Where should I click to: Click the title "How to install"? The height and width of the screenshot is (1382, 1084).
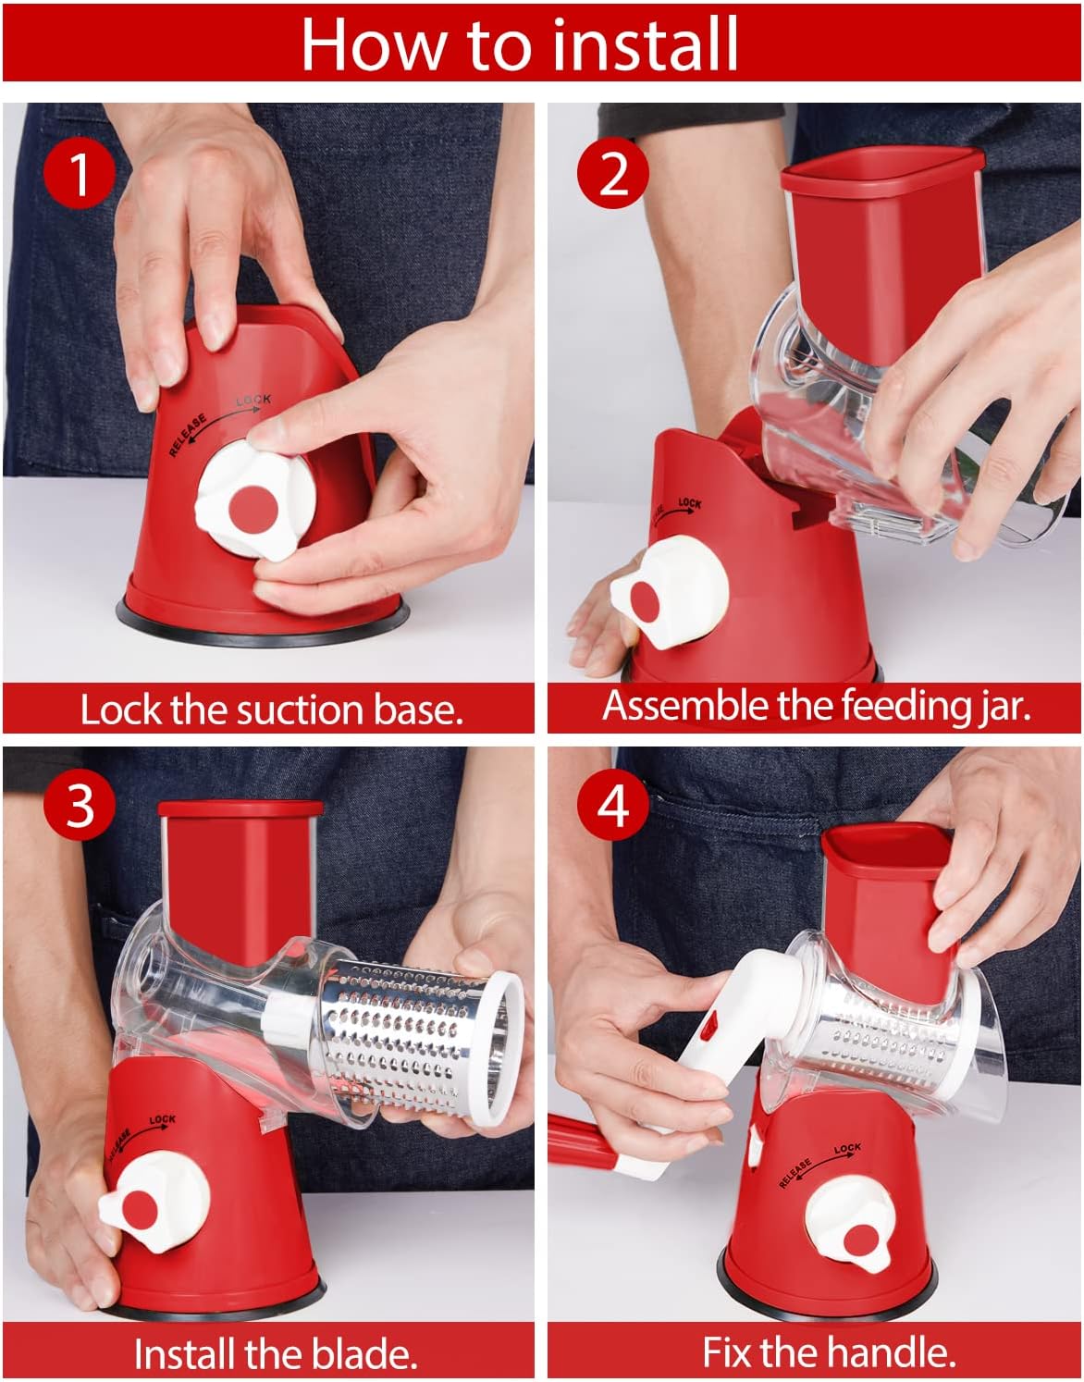click(520, 43)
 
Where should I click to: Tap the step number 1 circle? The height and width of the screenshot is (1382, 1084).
click(80, 173)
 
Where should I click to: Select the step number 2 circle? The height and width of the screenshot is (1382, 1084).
click(613, 173)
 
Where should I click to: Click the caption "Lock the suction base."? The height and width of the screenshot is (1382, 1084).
click(270, 710)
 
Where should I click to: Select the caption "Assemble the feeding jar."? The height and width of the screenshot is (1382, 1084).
click(816, 706)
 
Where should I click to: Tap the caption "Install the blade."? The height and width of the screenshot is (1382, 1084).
click(275, 1353)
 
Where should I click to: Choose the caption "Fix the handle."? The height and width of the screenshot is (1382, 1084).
click(828, 1351)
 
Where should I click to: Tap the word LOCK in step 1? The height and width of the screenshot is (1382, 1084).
click(253, 400)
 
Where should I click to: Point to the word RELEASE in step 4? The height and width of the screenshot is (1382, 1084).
click(795, 1172)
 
